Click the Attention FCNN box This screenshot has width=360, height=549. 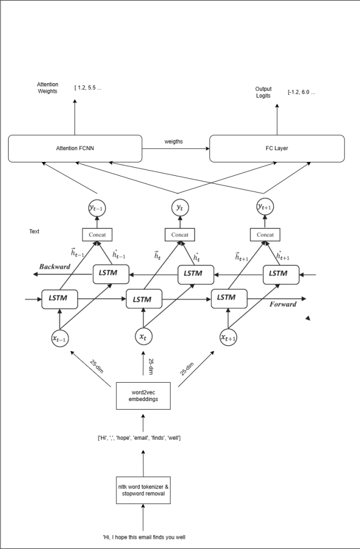tap(74, 149)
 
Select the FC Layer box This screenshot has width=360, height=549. tap(277, 149)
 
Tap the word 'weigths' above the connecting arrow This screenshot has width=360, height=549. tap(174, 142)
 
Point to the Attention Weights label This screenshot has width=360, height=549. tap(48, 88)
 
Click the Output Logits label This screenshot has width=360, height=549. tap(263, 92)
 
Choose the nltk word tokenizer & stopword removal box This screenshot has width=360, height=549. tap(142, 490)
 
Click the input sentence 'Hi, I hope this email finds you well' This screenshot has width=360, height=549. tap(144, 537)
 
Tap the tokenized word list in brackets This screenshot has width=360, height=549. tap(139, 438)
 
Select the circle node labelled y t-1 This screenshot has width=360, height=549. tap(96, 208)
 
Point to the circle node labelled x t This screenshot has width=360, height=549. tap(143, 337)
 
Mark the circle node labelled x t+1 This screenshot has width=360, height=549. tap(229, 337)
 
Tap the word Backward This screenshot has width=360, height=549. tap(54, 266)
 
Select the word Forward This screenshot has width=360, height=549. tap(283, 304)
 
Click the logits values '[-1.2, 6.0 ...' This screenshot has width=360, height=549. tap(301, 92)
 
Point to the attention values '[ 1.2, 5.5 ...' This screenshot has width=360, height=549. tap(88, 87)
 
